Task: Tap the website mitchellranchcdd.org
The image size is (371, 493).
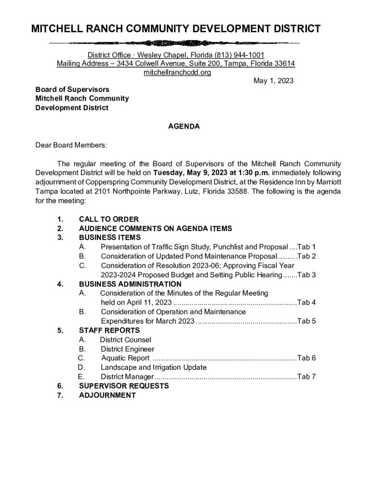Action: point(177,72)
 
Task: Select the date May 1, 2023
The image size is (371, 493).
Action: point(273,81)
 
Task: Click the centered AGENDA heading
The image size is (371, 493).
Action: point(184,127)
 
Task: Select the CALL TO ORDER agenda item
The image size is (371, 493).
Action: point(109,220)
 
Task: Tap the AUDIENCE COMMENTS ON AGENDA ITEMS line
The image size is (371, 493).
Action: point(155,229)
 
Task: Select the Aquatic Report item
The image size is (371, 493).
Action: point(125,358)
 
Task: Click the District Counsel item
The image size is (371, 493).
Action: point(125,340)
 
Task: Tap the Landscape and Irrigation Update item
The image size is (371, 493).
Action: point(153,367)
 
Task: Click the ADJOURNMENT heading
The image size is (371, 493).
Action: point(107,395)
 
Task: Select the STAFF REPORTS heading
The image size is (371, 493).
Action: point(109,330)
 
